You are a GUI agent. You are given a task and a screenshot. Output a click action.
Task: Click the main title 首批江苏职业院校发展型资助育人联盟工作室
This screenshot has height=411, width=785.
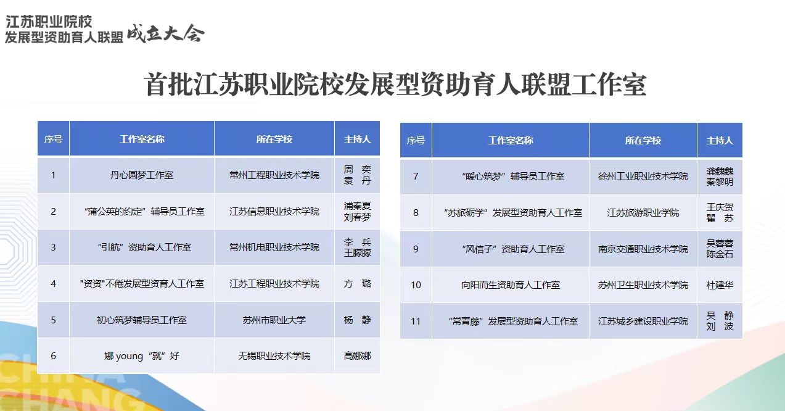395,85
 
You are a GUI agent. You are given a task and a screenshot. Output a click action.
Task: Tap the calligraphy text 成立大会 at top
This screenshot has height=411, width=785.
165,34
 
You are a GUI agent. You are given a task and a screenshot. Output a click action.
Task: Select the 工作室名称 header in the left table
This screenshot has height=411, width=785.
142,139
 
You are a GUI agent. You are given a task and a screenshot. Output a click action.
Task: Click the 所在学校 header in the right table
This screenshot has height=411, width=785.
643,141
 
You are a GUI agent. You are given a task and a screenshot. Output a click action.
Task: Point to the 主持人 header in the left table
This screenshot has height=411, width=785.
357,139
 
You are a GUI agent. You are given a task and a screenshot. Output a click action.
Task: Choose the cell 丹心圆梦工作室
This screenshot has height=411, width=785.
142,175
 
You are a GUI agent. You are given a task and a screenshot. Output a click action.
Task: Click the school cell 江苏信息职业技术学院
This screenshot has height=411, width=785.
274,212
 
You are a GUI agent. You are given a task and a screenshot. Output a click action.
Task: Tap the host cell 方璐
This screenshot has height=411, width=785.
357,283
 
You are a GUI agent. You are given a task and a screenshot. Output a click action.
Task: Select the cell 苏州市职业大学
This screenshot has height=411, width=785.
274,320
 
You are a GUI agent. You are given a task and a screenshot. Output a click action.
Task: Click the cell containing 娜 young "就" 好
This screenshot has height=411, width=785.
142,356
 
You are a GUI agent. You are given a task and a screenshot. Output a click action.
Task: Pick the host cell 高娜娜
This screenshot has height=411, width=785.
357,356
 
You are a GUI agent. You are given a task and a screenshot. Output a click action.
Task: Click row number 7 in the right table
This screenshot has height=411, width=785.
416,176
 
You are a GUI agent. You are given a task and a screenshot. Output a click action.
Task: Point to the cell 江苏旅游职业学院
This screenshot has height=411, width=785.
643,213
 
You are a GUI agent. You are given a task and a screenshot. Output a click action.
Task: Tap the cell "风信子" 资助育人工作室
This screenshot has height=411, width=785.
513,249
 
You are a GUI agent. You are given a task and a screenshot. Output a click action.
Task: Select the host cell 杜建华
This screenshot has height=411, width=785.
720,285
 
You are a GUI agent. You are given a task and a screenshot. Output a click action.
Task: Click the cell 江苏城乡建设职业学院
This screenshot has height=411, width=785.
643,322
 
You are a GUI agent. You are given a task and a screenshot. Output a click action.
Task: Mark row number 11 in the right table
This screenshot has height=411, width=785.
416,322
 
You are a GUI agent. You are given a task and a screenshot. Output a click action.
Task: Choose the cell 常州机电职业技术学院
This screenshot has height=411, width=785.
274,247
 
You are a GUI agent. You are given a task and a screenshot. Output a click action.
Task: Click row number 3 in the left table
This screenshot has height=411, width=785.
53,247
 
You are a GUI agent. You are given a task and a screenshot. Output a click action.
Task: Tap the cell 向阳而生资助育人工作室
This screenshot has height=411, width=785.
511,285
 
